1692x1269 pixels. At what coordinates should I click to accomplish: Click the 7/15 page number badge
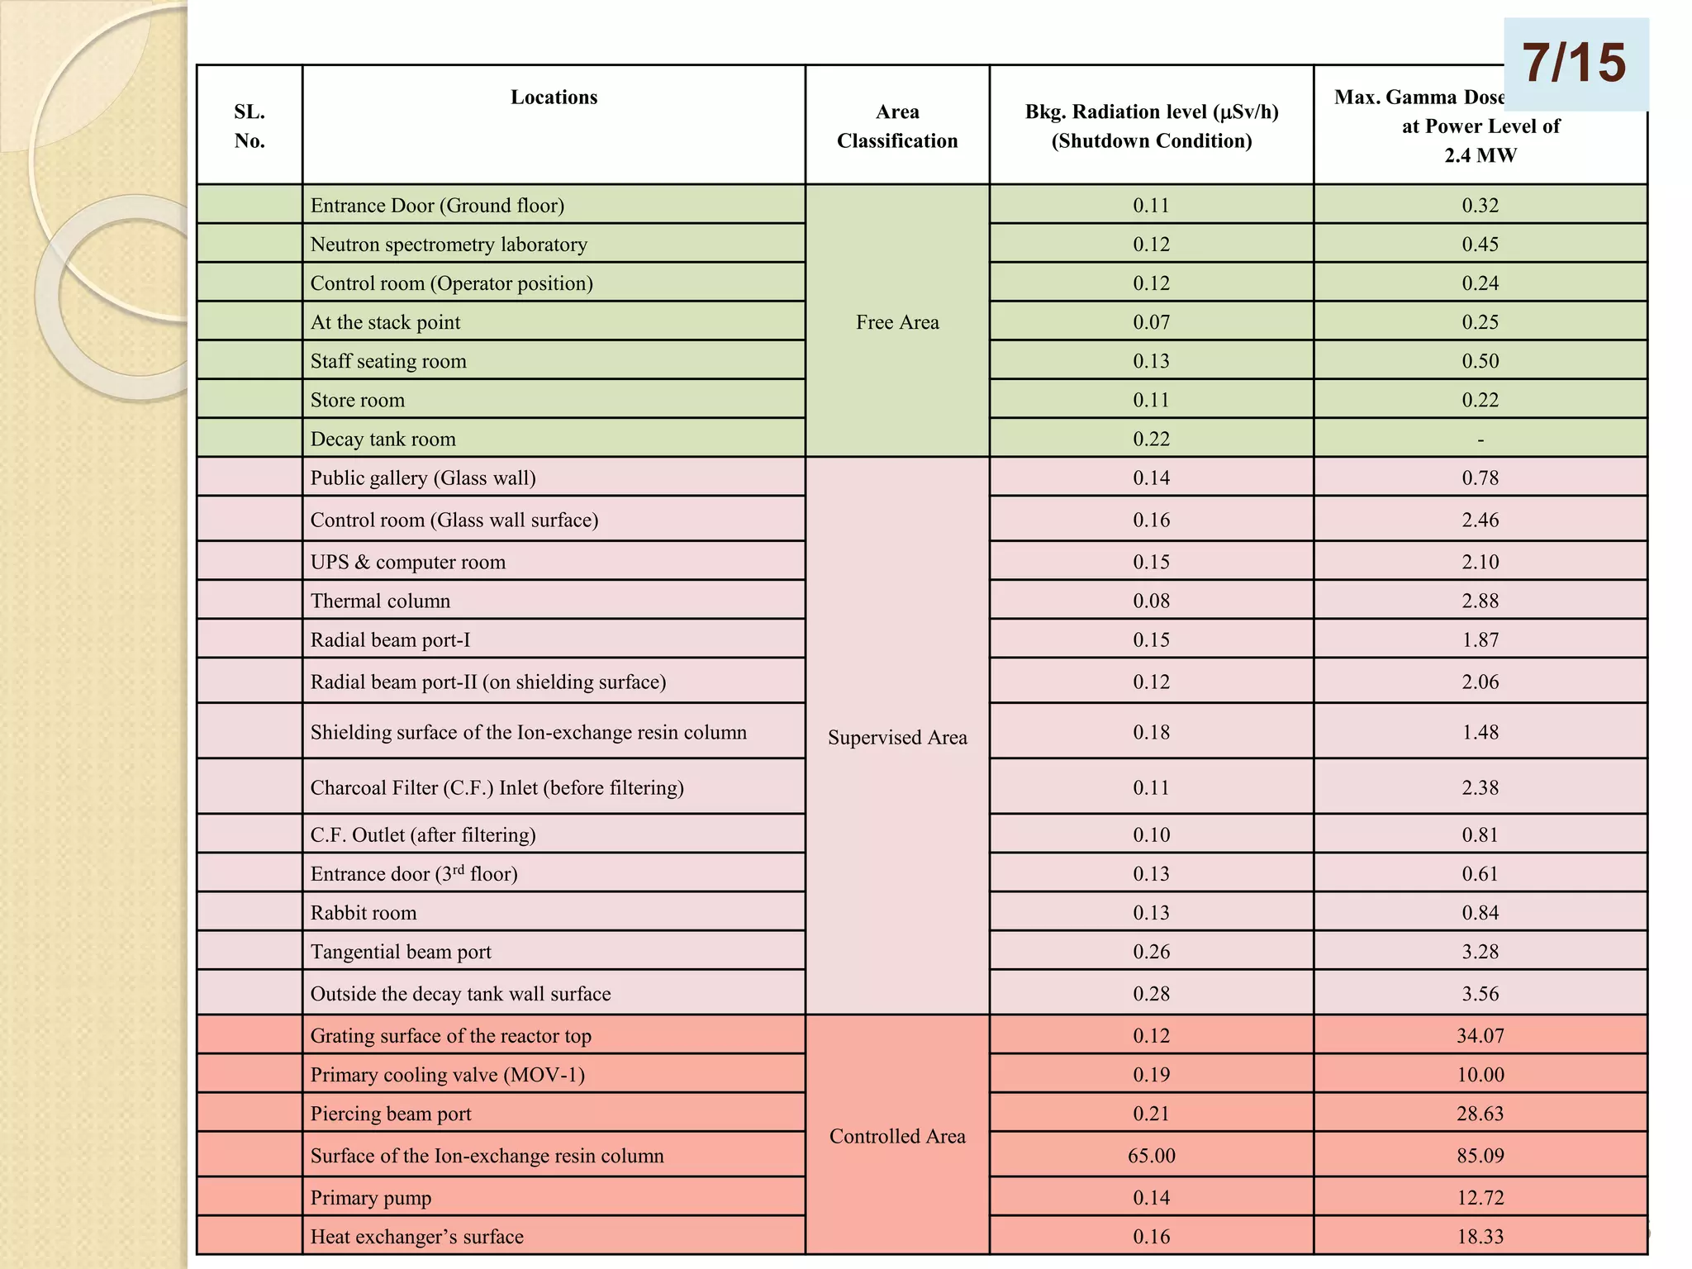coord(1575,64)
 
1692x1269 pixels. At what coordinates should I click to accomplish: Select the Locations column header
coord(554,97)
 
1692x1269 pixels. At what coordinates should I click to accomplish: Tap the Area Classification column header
coord(897,126)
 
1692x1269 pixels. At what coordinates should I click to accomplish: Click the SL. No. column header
coord(250,126)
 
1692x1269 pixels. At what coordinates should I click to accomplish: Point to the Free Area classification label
coord(897,322)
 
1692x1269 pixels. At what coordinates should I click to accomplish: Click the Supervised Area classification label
coord(897,737)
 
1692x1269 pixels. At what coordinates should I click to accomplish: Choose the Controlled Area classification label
coord(897,1136)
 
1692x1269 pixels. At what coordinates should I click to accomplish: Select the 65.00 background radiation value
coord(1151,1155)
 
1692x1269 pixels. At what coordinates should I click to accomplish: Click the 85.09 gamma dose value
coord(1480,1155)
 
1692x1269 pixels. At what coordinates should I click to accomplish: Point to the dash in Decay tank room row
coord(1480,440)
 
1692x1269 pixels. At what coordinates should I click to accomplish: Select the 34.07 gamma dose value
coord(1480,1035)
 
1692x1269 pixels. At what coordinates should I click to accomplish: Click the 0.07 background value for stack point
coord(1151,322)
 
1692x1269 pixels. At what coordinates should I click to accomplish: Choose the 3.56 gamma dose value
coord(1480,993)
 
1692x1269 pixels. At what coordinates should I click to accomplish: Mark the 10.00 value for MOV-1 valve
coord(1480,1074)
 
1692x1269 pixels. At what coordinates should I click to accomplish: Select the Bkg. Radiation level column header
coord(1151,126)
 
